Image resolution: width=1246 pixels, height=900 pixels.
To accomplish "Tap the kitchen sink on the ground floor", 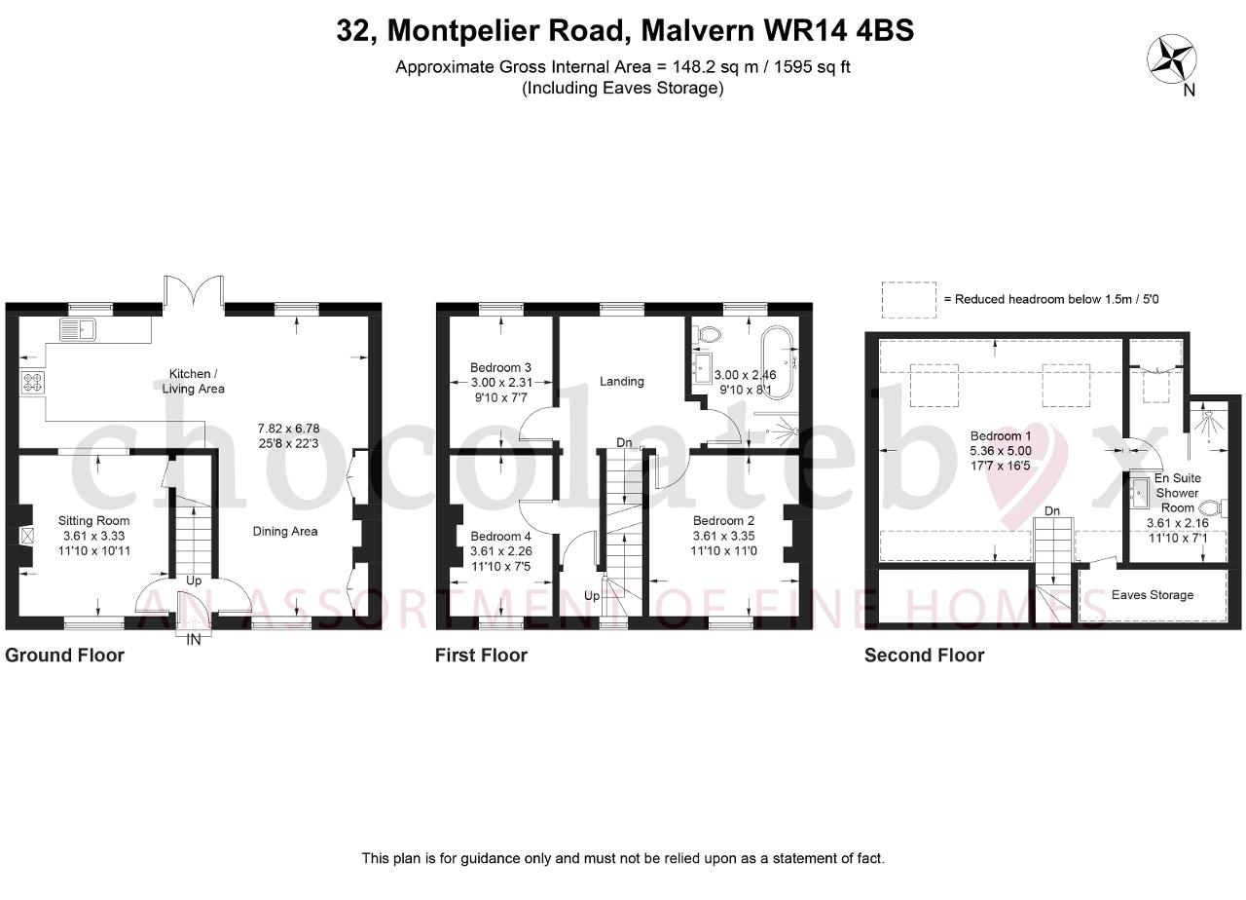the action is (x=78, y=329).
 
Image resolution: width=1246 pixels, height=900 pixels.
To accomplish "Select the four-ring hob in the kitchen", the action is (x=32, y=383).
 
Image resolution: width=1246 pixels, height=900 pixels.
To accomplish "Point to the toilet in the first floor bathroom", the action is (x=707, y=335).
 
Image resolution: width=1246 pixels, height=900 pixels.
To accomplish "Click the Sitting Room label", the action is (x=94, y=521).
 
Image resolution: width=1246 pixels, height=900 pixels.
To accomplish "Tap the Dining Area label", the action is (x=285, y=532).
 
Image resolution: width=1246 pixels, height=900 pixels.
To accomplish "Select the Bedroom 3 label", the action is (x=500, y=367).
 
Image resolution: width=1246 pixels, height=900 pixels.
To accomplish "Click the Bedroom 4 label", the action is (x=500, y=536).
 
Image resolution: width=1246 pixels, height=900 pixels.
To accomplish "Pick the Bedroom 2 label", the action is (x=723, y=521).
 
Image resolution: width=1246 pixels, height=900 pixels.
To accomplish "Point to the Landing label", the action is (x=622, y=381).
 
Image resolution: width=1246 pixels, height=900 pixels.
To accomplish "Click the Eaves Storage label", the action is (x=1153, y=595).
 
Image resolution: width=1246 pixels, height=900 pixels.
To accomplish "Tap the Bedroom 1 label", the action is (x=1001, y=435).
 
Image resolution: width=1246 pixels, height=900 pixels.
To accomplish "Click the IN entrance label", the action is (x=193, y=640).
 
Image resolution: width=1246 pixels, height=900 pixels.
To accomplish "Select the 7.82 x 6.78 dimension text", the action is (x=289, y=429).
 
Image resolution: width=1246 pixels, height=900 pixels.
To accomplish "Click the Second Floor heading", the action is (x=925, y=656).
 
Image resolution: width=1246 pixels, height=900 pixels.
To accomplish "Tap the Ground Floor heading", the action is (x=64, y=656).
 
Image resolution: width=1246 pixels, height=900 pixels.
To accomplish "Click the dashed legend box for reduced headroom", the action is (x=909, y=300).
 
